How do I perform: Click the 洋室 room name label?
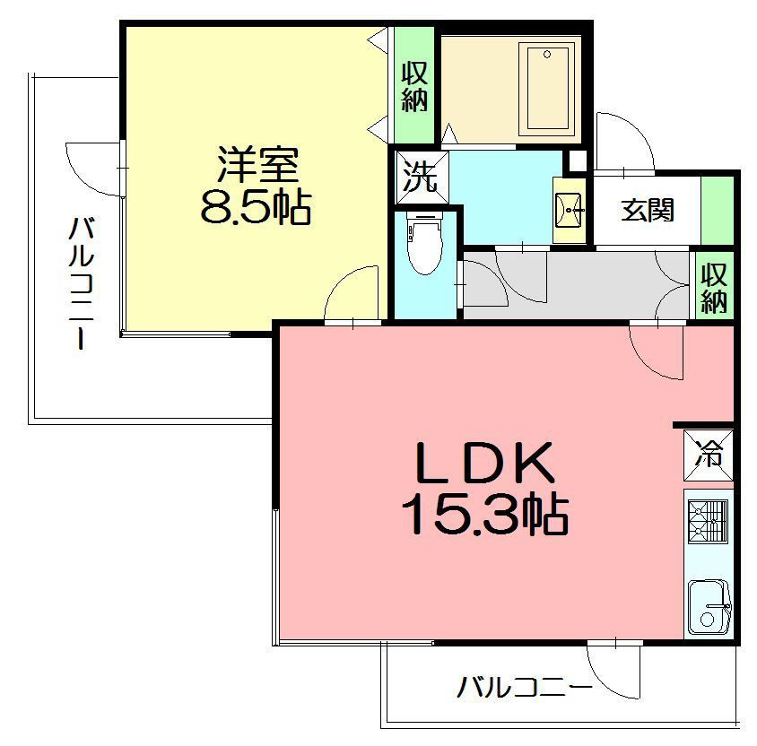(257, 167)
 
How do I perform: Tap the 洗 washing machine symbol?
(419, 177)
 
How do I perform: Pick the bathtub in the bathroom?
(547, 90)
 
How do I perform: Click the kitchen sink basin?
(709, 609)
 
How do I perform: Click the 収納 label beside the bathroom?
(414, 87)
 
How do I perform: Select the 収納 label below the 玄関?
(714, 287)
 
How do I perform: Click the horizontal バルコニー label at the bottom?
(525, 689)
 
